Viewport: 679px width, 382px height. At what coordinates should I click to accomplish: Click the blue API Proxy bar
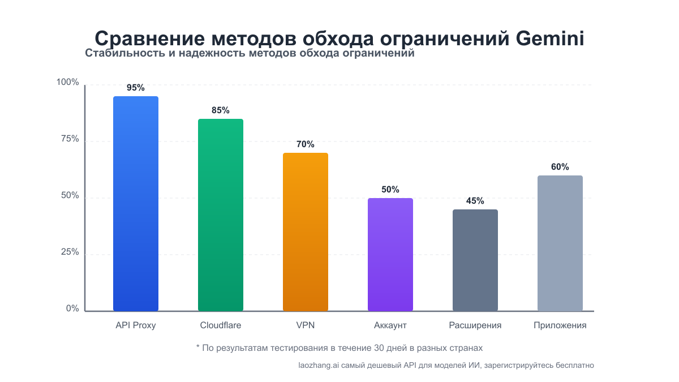(x=136, y=204)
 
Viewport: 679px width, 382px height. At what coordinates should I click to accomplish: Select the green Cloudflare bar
(x=221, y=215)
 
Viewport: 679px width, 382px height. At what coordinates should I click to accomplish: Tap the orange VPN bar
(x=306, y=232)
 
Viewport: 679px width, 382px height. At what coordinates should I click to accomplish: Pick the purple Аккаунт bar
(x=390, y=255)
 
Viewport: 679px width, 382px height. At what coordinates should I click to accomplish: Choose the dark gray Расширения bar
(x=475, y=260)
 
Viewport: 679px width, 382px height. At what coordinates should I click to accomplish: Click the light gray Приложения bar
(x=560, y=243)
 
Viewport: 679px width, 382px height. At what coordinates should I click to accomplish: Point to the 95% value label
(x=136, y=88)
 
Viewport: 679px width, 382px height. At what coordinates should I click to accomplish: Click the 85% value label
(x=221, y=110)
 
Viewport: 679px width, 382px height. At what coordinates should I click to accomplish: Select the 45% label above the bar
(x=475, y=201)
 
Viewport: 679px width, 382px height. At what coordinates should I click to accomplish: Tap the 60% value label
(x=560, y=167)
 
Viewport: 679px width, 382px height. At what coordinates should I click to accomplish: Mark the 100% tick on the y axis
(x=68, y=83)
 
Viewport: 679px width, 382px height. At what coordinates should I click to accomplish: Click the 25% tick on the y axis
(x=70, y=252)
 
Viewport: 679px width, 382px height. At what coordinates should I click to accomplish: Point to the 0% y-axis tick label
(x=72, y=308)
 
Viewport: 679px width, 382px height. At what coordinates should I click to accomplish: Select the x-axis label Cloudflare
(x=221, y=325)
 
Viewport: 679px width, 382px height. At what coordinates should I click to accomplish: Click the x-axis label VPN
(x=306, y=325)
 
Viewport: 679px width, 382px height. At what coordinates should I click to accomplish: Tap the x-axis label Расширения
(x=475, y=325)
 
